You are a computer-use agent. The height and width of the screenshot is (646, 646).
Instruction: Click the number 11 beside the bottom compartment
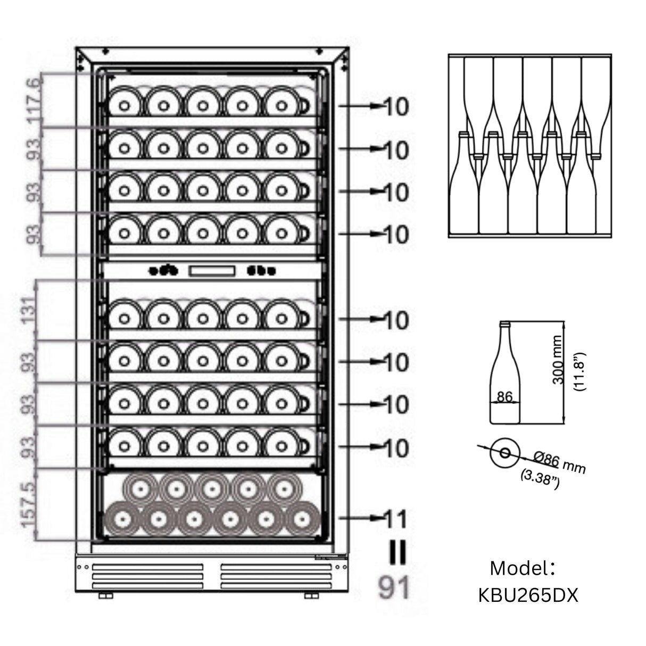point(395,518)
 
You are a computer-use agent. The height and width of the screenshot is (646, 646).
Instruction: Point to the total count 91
point(394,589)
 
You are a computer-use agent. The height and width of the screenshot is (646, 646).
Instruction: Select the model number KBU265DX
point(528,595)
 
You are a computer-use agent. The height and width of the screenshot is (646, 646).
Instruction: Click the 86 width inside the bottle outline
point(504,396)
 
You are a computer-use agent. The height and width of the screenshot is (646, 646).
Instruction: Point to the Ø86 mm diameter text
point(558,464)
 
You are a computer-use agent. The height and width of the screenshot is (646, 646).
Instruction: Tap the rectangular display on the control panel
point(211,271)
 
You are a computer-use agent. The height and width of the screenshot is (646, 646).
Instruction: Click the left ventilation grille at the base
point(147,576)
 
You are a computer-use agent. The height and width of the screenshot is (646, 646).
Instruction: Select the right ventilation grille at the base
point(277,576)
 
